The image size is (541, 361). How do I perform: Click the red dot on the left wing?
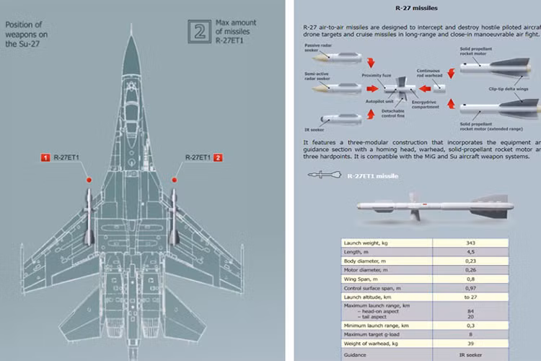click(x=89, y=178)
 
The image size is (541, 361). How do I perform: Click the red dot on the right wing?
click(x=174, y=178)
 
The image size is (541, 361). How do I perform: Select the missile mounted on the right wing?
click(x=175, y=217)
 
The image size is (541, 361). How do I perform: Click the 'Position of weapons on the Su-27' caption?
click(x=27, y=33)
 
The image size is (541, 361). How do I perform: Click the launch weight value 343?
click(x=470, y=243)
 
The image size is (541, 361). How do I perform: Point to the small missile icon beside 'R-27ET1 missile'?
click(x=324, y=175)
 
